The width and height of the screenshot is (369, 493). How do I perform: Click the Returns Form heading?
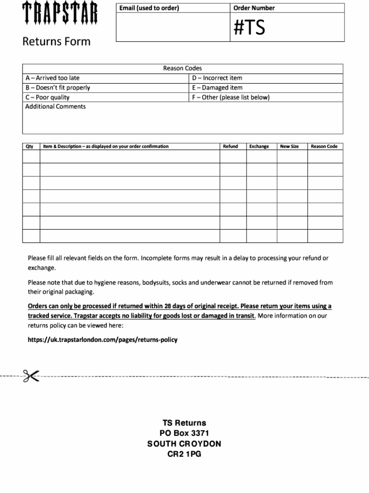point(56,41)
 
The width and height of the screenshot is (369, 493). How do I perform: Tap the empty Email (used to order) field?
point(173,27)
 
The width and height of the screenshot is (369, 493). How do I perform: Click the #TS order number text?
point(249,28)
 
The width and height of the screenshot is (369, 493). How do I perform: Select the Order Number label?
point(254,8)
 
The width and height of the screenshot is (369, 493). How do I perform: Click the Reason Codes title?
point(183,68)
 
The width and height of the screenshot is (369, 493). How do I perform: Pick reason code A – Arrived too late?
point(52,78)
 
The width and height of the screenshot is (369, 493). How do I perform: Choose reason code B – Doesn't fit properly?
point(57,88)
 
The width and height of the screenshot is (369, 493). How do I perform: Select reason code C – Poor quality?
point(47,97)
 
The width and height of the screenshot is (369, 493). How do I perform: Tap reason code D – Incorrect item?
point(217,78)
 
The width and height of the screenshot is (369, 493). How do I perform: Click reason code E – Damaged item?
point(217,88)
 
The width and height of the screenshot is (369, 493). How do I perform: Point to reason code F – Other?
point(231,97)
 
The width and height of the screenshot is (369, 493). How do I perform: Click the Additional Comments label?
point(55,106)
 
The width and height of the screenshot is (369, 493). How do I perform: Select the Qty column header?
point(29,146)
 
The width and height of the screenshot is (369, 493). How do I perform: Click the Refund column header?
point(230,146)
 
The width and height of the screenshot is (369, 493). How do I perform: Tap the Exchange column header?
point(259,146)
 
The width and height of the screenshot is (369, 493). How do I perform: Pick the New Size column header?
point(289,146)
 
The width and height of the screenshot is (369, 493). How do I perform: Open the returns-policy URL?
point(102,339)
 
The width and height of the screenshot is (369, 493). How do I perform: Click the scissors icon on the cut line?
point(30,376)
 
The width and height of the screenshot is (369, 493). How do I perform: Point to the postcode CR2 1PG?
point(184,453)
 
